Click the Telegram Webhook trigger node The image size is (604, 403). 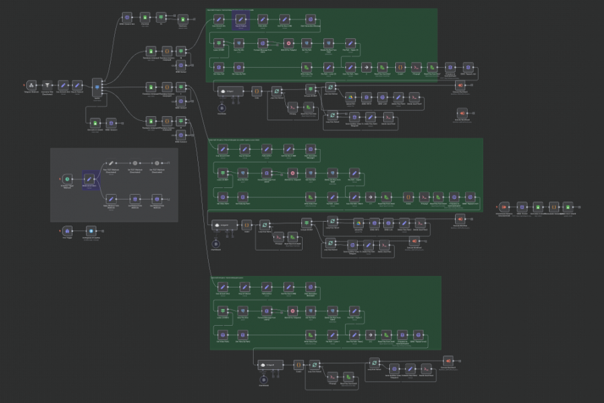click(x=31, y=85)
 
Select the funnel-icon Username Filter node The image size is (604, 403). click(x=47, y=85)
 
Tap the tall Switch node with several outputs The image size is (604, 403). click(x=97, y=87)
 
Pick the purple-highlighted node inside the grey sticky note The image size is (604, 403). click(x=89, y=179)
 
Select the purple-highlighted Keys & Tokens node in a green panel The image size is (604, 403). click(x=242, y=19)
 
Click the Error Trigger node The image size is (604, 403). click(x=66, y=231)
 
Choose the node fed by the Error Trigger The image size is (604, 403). click(x=91, y=231)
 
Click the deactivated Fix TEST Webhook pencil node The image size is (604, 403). click(x=113, y=163)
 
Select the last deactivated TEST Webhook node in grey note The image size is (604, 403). click(x=156, y=163)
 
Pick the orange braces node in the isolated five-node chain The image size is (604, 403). click(x=553, y=206)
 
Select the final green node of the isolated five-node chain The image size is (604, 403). click(x=568, y=206)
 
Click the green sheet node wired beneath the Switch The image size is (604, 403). click(x=96, y=123)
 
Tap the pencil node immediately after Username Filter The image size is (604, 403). click(x=63, y=85)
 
